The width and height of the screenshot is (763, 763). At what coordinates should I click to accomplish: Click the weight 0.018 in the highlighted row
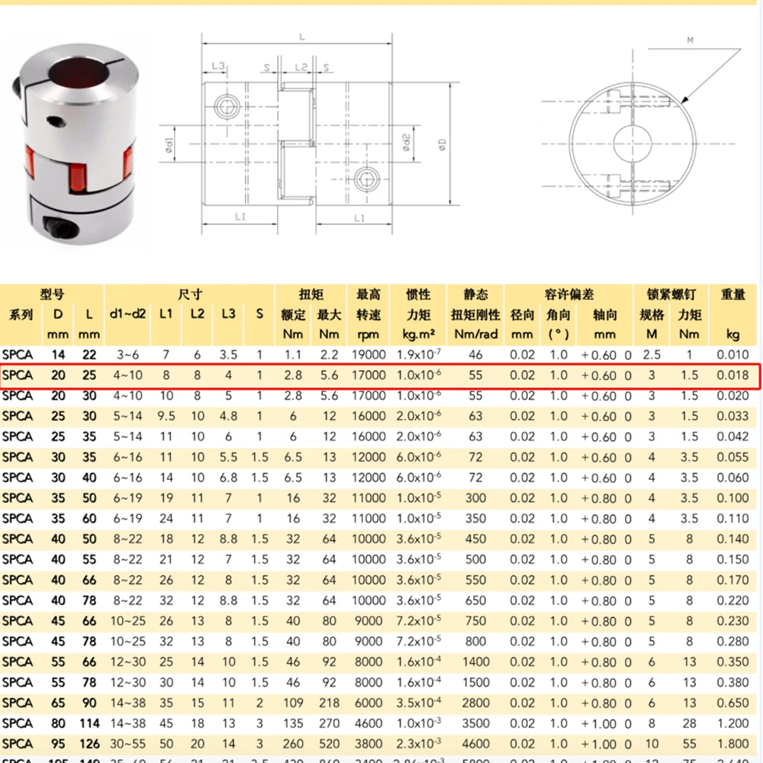pos(732,375)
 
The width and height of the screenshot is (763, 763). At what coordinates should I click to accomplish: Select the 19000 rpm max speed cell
pos(369,355)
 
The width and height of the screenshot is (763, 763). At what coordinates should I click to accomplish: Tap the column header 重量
pos(732,295)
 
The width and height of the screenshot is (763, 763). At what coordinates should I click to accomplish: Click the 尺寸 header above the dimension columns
pos(189,295)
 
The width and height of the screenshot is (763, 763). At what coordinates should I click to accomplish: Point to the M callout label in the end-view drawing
pos(690,40)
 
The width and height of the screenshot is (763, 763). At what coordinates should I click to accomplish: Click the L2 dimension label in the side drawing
pos(301,67)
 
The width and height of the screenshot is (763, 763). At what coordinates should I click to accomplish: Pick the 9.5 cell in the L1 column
pos(166,417)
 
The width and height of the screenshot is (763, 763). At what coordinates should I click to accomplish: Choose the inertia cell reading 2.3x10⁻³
pos(417,744)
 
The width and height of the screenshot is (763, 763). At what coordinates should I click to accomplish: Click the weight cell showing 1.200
pos(732,723)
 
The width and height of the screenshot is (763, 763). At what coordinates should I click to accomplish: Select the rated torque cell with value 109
pos(294,703)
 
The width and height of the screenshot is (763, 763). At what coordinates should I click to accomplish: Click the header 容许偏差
pos(568,295)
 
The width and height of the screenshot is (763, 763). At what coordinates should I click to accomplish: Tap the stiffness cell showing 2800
pos(475,703)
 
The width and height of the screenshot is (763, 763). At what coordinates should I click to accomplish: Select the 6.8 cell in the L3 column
pos(228,478)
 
